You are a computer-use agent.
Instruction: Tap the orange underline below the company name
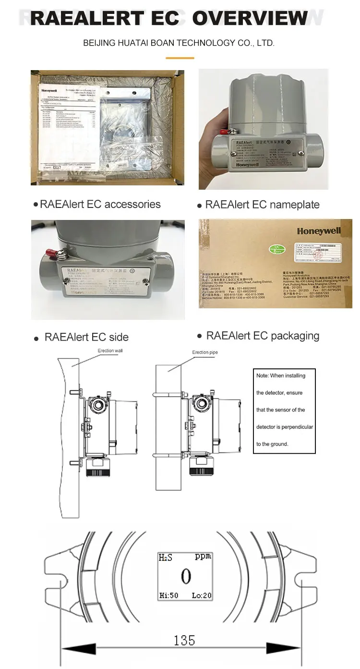pyautogui.click(x=180, y=58)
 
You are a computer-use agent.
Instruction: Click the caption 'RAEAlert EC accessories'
pyautogui.click(x=100, y=204)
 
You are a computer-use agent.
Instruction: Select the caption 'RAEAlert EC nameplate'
pyautogui.click(x=262, y=205)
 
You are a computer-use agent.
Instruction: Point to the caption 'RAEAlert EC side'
pyautogui.click(x=86, y=337)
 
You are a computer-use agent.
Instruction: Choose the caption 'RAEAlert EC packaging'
pyautogui.click(x=263, y=336)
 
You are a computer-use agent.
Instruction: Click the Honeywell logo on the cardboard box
pyautogui.click(x=318, y=231)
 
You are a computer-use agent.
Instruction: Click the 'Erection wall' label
pyautogui.click(x=110, y=351)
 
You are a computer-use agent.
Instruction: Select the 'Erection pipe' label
pyautogui.click(x=205, y=353)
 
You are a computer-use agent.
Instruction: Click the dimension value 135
pyautogui.click(x=184, y=640)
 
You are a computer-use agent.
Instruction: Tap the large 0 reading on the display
pyautogui.click(x=185, y=576)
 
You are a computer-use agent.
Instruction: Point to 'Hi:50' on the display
pyautogui.click(x=168, y=596)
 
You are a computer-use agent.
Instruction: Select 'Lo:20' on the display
pyautogui.click(x=202, y=596)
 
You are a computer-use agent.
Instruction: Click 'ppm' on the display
pyautogui.click(x=203, y=557)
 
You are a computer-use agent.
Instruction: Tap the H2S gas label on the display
pyautogui.click(x=166, y=558)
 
